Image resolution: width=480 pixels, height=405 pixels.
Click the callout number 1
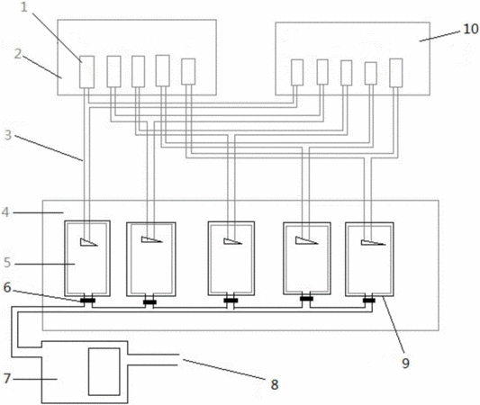24,7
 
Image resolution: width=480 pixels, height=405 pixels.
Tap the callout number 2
18,54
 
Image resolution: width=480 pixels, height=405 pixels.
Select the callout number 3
8,135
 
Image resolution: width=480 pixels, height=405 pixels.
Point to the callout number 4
5,211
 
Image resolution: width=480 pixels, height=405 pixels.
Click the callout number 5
7,263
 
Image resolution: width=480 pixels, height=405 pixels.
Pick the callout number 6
7,287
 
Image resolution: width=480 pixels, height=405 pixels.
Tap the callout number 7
7,379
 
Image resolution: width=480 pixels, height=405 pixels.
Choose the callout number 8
275,384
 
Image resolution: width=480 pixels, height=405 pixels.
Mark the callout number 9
405,364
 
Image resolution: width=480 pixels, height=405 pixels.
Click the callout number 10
471,29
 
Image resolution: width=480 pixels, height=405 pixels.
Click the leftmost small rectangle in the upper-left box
87,72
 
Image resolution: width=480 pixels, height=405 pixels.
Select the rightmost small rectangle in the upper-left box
188,72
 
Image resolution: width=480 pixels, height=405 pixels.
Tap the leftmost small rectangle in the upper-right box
297,73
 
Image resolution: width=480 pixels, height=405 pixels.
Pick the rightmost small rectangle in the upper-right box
396,73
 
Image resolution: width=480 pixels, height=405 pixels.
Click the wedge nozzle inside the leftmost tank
89,242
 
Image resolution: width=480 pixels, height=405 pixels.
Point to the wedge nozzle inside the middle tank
232,241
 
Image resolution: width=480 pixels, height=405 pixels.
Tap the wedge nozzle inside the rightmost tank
373,243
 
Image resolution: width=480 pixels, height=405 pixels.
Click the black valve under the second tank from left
150,302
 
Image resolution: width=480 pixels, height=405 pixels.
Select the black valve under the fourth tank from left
306,299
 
